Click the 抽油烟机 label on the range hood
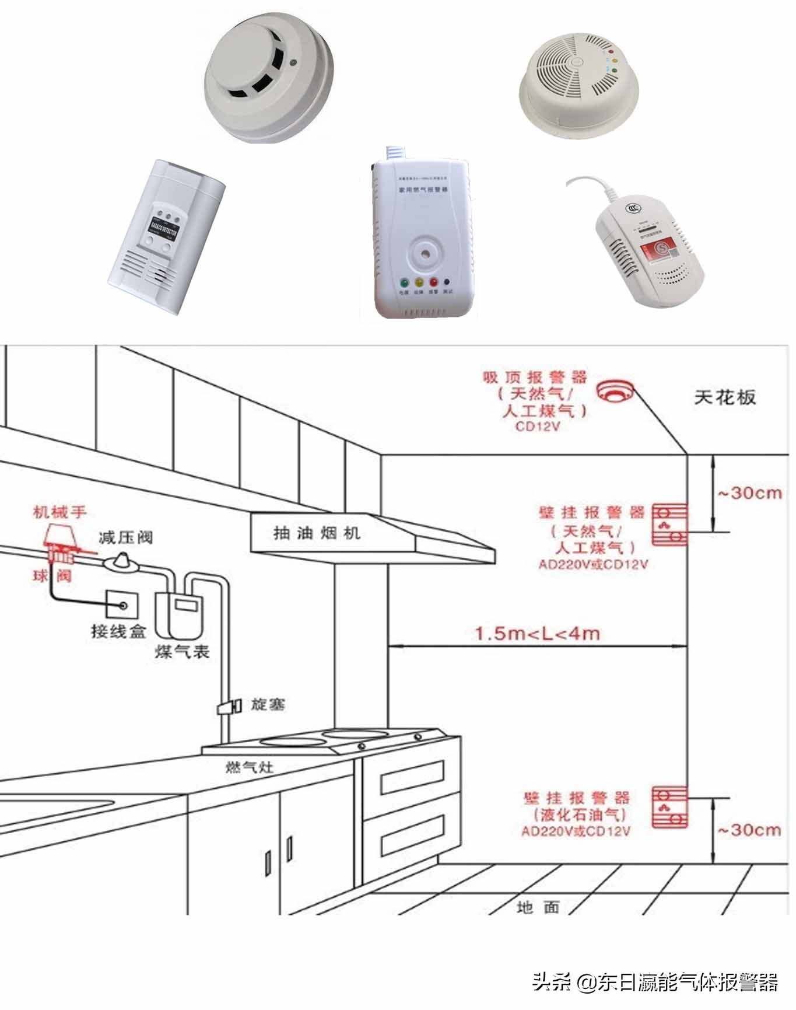pos(317,533)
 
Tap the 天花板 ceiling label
pos(724,397)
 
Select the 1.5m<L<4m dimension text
pos(537,633)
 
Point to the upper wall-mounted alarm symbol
pos(669,525)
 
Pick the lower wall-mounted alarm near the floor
pos(669,808)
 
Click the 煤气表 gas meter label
pos(182,652)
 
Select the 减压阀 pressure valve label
pos(125,537)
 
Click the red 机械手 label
pos(59,512)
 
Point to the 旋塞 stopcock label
pos(268,704)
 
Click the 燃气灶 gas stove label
pos(250,767)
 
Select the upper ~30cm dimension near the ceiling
pos(749,493)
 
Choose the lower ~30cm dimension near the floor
pos(749,830)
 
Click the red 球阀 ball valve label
pos(52,576)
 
